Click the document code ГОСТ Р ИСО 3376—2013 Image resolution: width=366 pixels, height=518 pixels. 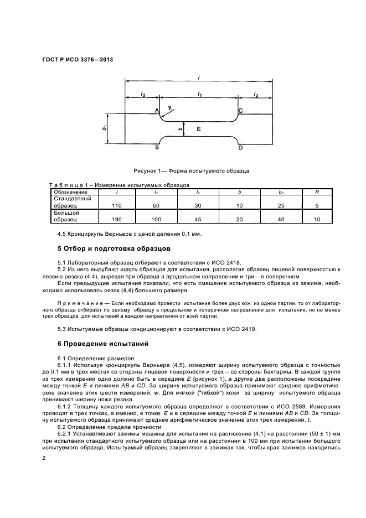point(74,59)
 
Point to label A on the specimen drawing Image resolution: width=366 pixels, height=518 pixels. point(157,111)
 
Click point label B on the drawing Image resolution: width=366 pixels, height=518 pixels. point(157,148)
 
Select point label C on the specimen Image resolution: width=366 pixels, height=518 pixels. point(240,111)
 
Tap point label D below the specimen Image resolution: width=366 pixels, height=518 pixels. point(240,148)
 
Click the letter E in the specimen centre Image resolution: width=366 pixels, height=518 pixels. point(199,128)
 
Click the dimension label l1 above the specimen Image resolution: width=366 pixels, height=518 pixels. point(199,95)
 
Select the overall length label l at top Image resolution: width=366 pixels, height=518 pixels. point(198,79)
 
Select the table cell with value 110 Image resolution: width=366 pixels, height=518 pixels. point(116,205)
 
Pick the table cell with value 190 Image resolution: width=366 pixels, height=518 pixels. point(116,219)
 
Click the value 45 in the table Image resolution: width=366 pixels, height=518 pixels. point(198,219)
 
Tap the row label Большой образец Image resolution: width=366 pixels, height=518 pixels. point(66,216)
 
